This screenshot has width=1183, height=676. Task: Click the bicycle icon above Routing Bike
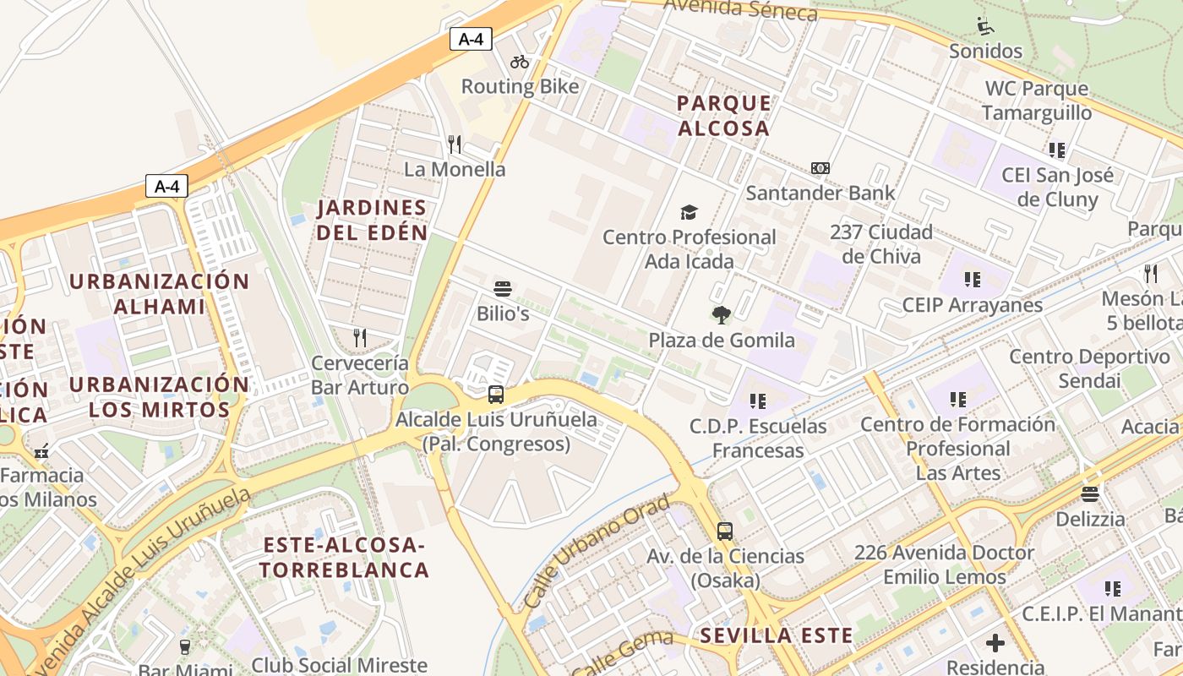click(520, 62)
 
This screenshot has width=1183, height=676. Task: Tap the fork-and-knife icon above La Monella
click(455, 144)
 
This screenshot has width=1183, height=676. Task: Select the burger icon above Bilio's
click(503, 289)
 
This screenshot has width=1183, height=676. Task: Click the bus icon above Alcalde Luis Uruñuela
click(496, 395)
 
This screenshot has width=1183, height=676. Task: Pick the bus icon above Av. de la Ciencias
click(725, 532)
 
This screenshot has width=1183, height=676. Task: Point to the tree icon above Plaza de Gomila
click(722, 316)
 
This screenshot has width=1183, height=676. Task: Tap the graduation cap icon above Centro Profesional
click(690, 212)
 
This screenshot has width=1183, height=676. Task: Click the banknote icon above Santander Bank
click(820, 168)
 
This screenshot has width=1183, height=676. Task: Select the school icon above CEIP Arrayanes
click(972, 280)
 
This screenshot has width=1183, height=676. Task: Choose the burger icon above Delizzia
click(1090, 494)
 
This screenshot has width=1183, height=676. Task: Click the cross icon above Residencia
click(995, 643)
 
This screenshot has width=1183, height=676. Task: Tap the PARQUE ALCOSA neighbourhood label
click(724, 116)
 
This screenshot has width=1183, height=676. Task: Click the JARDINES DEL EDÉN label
click(372, 220)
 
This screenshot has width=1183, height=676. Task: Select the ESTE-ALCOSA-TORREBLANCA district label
click(344, 557)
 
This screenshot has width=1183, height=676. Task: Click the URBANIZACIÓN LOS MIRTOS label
click(160, 397)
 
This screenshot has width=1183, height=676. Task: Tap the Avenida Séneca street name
click(740, 10)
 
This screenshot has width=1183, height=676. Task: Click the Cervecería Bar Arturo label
click(360, 375)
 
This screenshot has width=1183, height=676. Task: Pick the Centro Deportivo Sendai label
click(1090, 368)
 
